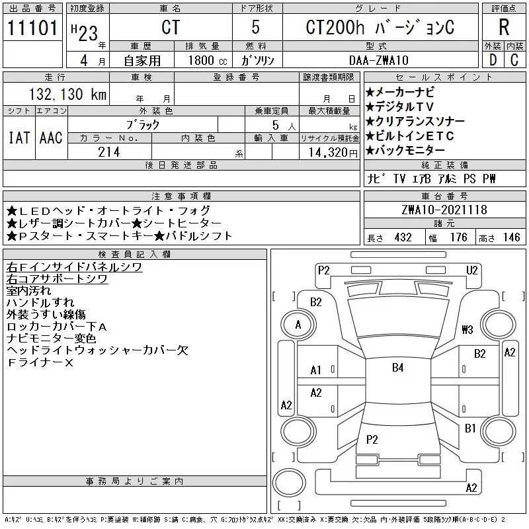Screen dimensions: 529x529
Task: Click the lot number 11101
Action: click(x=32, y=28)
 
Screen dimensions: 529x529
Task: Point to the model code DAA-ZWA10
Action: click(x=379, y=60)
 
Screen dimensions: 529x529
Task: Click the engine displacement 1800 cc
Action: click(x=202, y=60)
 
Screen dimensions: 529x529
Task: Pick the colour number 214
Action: click(x=108, y=151)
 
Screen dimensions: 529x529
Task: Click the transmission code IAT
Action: click(x=19, y=138)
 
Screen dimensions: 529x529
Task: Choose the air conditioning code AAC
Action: click(x=51, y=138)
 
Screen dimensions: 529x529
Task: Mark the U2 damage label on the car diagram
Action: click(x=471, y=269)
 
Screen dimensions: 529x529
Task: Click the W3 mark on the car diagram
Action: click(x=468, y=329)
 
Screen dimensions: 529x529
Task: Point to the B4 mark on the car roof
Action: click(x=397, y=368)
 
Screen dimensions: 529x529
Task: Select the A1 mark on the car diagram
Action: click(x=316, y=370)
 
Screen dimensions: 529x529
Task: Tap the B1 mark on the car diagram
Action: click(x=470, y=428)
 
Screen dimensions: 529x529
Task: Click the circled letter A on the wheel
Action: click(x=298, y=325)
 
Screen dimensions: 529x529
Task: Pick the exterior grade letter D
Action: click(x=492, y=60)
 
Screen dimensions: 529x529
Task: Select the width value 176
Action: click(x=458, y=237)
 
